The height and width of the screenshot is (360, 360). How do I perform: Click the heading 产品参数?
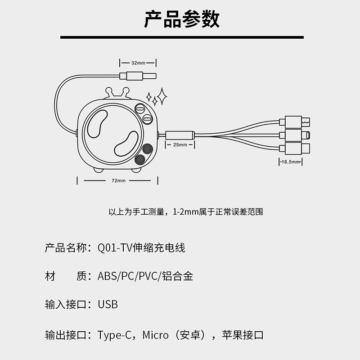182,19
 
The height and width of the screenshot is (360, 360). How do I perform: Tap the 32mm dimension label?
138,63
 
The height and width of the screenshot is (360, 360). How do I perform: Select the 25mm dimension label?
180,144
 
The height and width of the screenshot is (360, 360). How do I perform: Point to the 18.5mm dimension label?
290,162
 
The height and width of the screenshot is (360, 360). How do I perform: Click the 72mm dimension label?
118,181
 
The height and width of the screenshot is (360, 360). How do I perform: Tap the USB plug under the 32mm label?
138,76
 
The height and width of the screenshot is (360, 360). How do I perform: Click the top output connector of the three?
295,122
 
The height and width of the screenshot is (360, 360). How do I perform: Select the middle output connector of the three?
295,135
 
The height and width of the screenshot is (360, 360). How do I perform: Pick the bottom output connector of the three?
295,148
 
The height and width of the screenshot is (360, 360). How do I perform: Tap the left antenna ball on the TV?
108,90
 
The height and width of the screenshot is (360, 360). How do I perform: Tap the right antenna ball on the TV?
126,90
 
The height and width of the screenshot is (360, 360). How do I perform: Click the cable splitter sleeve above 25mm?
180,135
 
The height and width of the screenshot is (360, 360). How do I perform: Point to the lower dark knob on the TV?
140,159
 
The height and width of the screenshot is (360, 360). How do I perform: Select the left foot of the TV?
98,171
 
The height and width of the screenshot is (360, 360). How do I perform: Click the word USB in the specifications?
108,305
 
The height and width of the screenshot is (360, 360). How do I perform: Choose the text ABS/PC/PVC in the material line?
128,276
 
